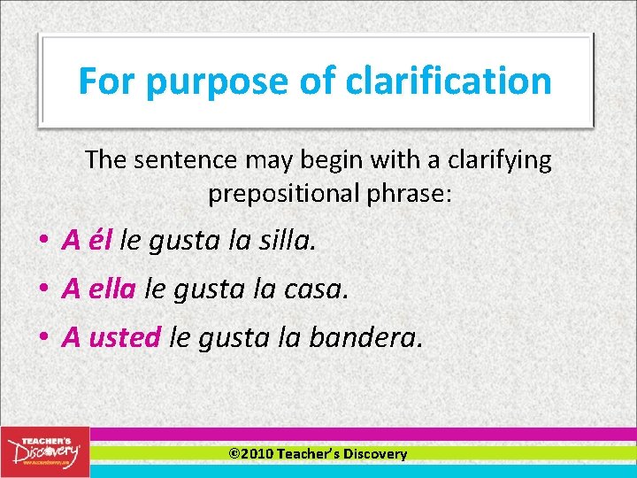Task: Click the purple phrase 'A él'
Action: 87,239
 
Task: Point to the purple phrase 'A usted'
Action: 111,336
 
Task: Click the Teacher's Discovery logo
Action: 44,450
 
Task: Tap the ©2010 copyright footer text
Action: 318,453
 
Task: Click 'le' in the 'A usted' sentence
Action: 178,336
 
